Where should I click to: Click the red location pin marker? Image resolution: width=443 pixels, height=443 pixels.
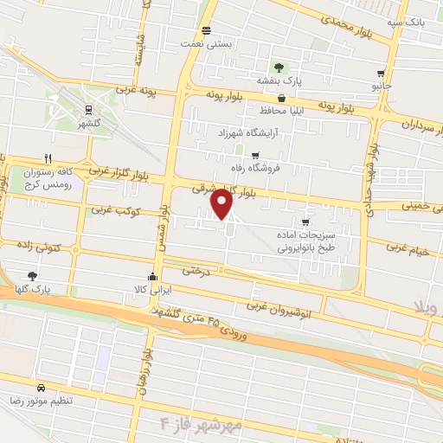coord(222,203)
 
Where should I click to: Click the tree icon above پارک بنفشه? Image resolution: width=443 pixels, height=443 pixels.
coord(279,67)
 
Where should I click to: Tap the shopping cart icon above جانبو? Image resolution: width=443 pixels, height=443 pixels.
coord(381,74)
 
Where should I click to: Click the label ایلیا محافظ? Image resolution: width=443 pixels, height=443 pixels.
coord(278,112)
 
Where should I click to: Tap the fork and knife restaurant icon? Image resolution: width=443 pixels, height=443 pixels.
coord(48,158)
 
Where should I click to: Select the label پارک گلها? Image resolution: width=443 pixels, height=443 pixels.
coord(34,289)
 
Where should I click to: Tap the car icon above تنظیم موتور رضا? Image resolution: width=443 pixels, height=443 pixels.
coord(42,388)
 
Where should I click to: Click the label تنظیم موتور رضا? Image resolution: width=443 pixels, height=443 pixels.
coord(42,401)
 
